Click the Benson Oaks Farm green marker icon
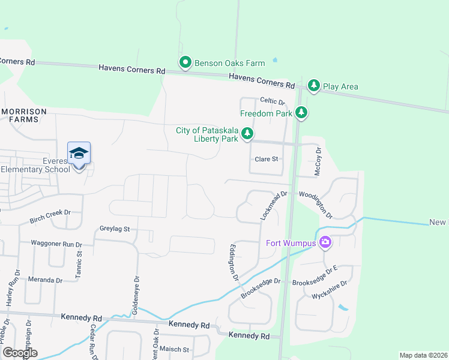(185, 62)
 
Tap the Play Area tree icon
(313, 86)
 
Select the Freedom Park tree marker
(301, 113)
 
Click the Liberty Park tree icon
(247, 135)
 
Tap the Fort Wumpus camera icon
(325, 242)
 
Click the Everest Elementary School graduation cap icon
(79, 154)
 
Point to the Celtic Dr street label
(272, 102)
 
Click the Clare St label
(267, 159)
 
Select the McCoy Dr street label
(319, 162)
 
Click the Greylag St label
(115, 229)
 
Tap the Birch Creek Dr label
(50, 217)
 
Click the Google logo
(20, 352)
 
